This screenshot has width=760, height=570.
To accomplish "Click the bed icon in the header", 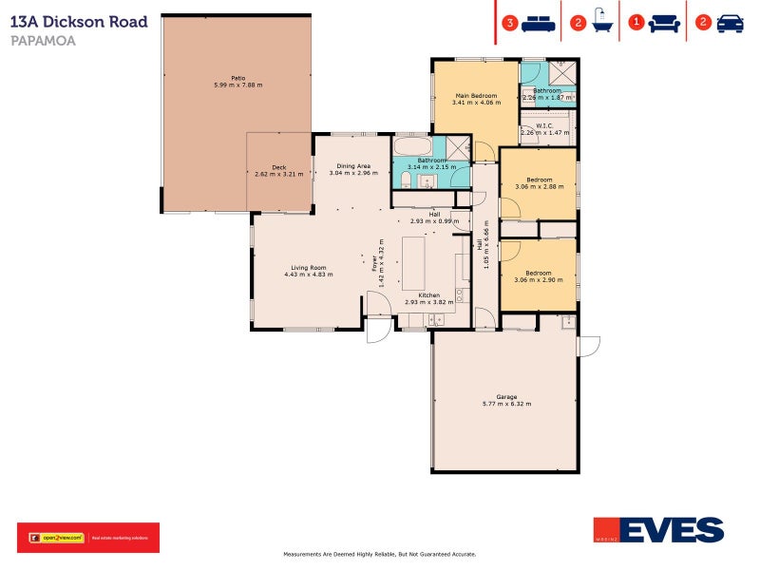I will (x=539, y=23).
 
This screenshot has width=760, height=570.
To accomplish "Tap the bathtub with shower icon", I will (x=602, y=23).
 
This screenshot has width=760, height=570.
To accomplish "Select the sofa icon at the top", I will (x=664, y=23).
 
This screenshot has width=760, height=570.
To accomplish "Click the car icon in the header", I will (x=730, y=23).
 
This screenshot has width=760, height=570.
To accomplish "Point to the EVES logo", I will (x=658, y=530).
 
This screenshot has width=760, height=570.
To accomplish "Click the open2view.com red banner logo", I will (x=88, y=538).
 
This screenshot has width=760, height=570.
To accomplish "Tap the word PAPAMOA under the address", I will (x=43, y=41).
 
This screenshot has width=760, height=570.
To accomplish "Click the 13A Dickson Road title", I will (x=79, y=21).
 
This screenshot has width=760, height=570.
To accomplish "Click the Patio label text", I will (x=237, y=78).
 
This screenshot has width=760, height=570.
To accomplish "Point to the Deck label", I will (x=278, y=167).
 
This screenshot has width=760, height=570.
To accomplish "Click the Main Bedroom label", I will (x=475, y=96).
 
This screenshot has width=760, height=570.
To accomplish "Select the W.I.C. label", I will (x=544, y=125).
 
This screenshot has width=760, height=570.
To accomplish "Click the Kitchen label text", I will (x=429, y=295).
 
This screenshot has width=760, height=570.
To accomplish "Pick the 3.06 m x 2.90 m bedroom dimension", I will (x=539, y=280).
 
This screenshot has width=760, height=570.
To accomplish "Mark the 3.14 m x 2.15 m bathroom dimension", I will (x=431, y=167).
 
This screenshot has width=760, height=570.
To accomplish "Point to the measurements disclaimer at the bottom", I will (x=379, y=554).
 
